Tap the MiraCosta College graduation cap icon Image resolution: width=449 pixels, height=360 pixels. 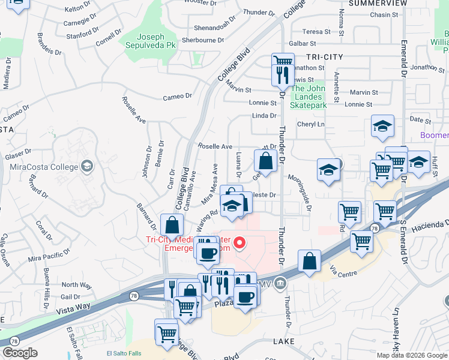[87, 166]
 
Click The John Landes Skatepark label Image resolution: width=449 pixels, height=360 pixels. [308, 97]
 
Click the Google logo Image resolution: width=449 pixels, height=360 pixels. [20, 353]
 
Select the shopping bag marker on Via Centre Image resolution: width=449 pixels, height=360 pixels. [309, 261]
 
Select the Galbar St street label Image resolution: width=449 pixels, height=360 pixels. [303, 44]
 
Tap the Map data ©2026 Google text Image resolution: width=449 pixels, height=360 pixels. [411, 355]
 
